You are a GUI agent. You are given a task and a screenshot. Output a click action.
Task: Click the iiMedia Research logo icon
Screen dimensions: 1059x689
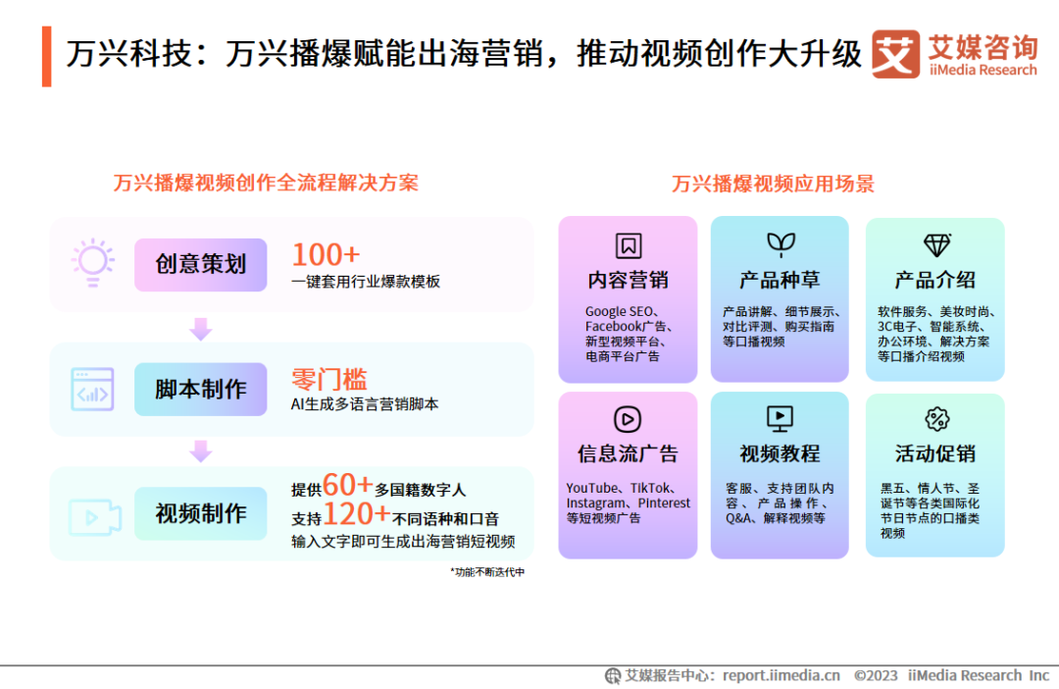coord(895,54)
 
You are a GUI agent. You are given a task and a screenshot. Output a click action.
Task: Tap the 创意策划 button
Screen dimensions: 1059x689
coord(201,264)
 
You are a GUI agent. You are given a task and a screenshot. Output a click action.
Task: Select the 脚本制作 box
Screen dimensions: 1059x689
coord(201,390)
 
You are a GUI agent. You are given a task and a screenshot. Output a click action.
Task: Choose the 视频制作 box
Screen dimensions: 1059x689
coord(201,514)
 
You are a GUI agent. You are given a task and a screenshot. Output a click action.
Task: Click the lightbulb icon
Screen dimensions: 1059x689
coord(93,262)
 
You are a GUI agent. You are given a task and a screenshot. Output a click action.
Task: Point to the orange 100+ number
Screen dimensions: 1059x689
coord(326,255)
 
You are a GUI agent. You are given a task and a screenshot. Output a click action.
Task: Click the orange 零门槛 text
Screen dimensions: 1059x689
coord(328,379)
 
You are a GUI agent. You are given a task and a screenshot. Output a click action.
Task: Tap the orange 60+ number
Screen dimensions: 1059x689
coord(348,484)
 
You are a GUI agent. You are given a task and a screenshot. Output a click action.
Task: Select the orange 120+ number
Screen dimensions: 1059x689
coord(357,514)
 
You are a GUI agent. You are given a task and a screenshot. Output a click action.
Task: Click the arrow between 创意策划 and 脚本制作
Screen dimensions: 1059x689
coord(201,329)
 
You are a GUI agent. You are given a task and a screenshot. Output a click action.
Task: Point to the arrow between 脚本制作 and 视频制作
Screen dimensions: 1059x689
coord(201,451)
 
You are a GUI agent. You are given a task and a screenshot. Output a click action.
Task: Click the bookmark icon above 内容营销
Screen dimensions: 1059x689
coord(629,245)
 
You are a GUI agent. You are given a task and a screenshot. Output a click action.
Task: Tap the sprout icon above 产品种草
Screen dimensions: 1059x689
coord(781,244)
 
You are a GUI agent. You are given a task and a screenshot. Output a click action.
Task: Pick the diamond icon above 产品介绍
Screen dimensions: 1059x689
coord(936,244)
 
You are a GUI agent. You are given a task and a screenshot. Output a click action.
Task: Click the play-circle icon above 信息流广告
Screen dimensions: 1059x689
coord(628,419)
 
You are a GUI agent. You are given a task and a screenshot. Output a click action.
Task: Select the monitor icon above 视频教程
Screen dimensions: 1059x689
coord(781,419)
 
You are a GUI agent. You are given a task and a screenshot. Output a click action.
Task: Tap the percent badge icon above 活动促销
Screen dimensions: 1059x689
coord(936,419)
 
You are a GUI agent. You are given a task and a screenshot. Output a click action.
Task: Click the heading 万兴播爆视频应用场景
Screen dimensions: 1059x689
coord(773,184)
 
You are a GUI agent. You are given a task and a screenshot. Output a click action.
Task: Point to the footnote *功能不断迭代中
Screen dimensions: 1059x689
coord(487,572)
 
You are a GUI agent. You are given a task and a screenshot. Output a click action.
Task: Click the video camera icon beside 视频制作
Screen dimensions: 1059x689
coord(94,517)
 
